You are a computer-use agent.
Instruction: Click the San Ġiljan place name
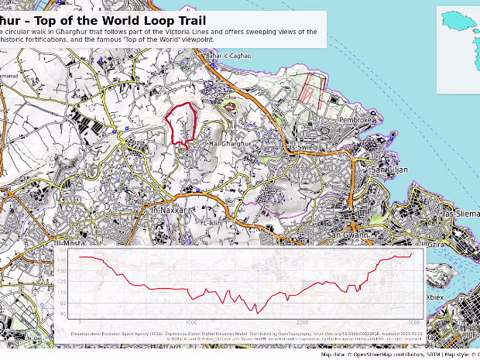[x=389, y=169]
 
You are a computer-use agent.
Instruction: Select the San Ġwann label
[x=346, y=234]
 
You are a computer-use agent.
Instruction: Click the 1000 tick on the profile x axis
[x=190, y=321]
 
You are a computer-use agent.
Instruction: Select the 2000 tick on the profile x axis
[x=302, y=321]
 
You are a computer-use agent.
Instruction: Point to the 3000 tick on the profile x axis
[x=413, y=321]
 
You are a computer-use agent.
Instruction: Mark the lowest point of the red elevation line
[x=257, y=312]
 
